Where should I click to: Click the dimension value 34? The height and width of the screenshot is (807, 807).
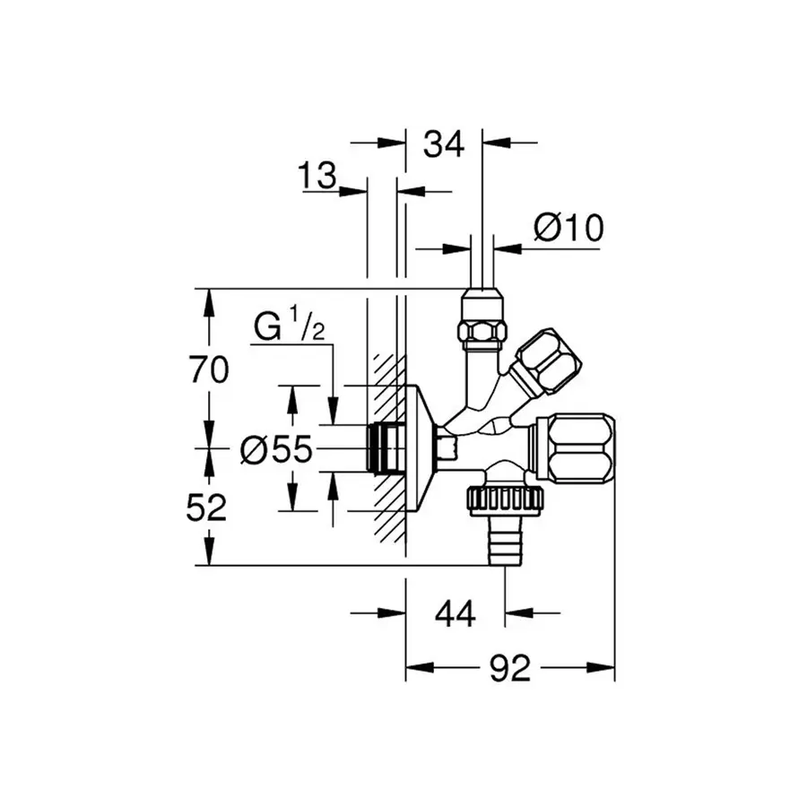click(x=444, y=143)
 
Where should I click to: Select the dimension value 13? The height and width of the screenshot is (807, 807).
click(x=317, y=177)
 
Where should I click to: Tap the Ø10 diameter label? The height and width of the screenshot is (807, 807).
click(x=568, y=229)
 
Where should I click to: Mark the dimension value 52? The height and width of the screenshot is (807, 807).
click(x=209, y=508)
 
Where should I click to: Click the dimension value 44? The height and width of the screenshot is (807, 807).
click(x=455, y=614)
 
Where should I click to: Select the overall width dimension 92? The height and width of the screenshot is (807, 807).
click(x=510, y=668)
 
